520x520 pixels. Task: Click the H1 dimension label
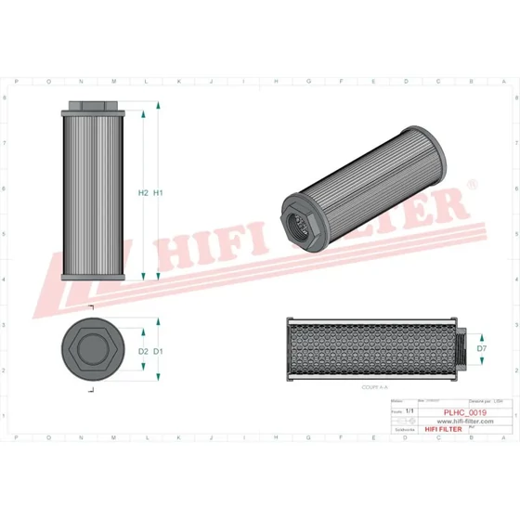pyautogui.click(x=159, y=193)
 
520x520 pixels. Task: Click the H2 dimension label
pyautogui.click(x=143, y=193)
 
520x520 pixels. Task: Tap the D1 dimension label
pyautogui.click(x=159, y=351)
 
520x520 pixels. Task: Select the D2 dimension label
pyautogui.click(x=143, y=351)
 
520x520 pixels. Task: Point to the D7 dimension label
pyautogui.click(x=482, y=348)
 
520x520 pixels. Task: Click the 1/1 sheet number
pyautogui.click(x=409, y=408)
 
